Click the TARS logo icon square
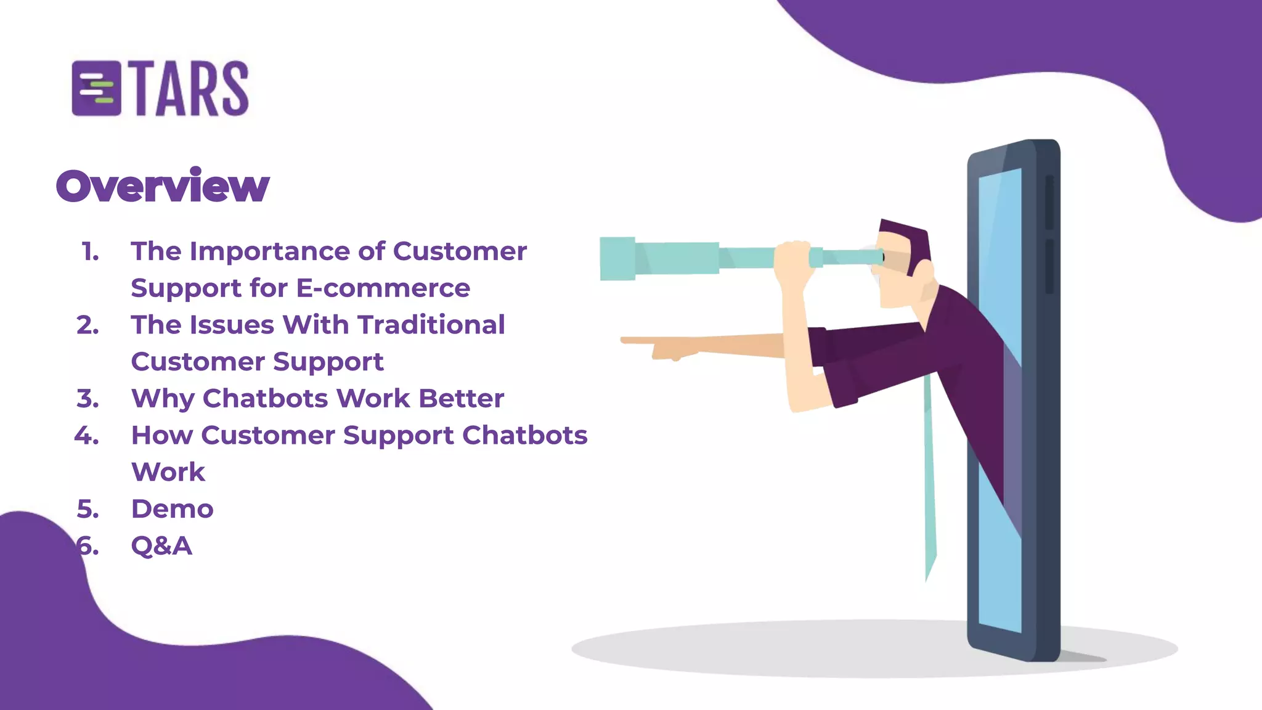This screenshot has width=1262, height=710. (x=96, y=89)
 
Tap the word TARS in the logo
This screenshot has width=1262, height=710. (x=191, y=89)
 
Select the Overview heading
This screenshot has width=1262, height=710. (x=163, y=186)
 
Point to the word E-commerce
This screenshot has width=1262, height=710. (x=383, y=288)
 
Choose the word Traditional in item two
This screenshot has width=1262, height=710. (x=431, y=325)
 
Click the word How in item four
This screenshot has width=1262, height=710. (x=161, y=435)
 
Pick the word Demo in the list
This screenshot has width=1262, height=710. (x=173, y=509)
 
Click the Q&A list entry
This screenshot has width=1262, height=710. (x=161, y=546)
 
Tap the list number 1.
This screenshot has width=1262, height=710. (x=90, y=251)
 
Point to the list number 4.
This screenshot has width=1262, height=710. (x=86, y=436)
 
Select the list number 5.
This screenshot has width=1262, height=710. (x=88, y=509)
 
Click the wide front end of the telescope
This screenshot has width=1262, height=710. (x=617, y=259)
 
